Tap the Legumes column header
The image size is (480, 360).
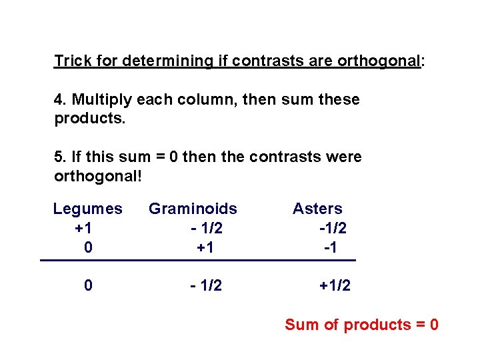[88, 209]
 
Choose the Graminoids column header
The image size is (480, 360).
[193, 209]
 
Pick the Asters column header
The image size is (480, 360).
[317, 209]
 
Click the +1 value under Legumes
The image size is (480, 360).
[84, 228]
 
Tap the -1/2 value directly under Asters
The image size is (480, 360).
[333, 228]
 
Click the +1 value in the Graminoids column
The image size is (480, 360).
[205, 247]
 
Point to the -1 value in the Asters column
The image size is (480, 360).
[330, 247]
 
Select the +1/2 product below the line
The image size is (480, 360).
[335, 286]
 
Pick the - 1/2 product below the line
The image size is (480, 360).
[205, 286]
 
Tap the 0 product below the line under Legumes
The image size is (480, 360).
[88, 286]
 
